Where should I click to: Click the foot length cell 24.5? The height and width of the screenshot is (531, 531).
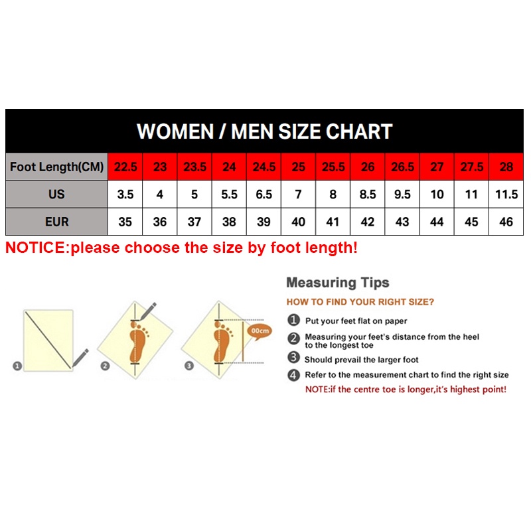pos(264,167)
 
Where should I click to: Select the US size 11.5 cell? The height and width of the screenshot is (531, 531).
pos(506,194)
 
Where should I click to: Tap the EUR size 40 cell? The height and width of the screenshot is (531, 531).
pos(298,222)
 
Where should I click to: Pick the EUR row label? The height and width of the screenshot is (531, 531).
pos(57,222)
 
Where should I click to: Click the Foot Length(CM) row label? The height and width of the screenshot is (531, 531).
pos(57,167)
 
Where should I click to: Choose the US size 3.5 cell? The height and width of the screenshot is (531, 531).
pos(125,194)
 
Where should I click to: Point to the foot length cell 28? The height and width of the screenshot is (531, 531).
pos(506,167)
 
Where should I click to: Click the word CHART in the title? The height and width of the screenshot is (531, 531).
pos(359,131)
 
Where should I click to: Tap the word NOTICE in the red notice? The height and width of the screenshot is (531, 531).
pos(35,248)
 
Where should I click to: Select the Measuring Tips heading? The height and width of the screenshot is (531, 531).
pos(338,283)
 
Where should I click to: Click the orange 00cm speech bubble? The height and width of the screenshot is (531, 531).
pos(260,331)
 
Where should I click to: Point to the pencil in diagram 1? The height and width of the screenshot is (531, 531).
pos(80,358)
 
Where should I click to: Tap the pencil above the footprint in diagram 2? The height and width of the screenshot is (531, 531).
pos(148,311)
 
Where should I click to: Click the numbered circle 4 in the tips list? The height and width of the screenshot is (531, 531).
pos(293,375)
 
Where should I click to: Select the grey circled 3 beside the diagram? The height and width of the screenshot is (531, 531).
pos(189,366)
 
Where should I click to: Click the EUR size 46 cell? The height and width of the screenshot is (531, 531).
pos(506,222)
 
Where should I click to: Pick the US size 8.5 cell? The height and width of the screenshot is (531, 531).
pos(368,194)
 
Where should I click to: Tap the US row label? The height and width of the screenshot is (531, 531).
pos(57,194)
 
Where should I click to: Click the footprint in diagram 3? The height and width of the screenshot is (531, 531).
pos(223,342)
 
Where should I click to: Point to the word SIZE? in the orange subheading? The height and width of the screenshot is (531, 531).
pos(421,302)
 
